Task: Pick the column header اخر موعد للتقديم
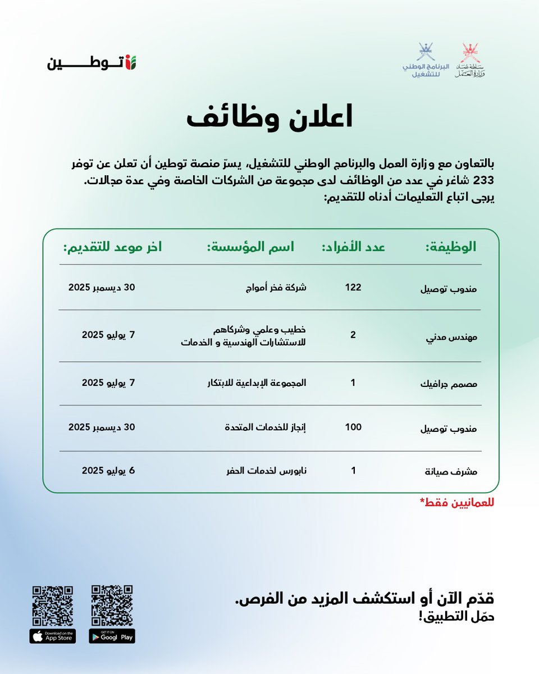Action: coord(112,247)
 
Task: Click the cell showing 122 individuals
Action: coord(353,287)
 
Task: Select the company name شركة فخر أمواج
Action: coord(278,288)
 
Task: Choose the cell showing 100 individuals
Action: coord(353,427)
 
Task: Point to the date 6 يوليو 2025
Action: coord(108,470)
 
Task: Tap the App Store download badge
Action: coord(53,636)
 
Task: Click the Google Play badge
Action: coord(112,636)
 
